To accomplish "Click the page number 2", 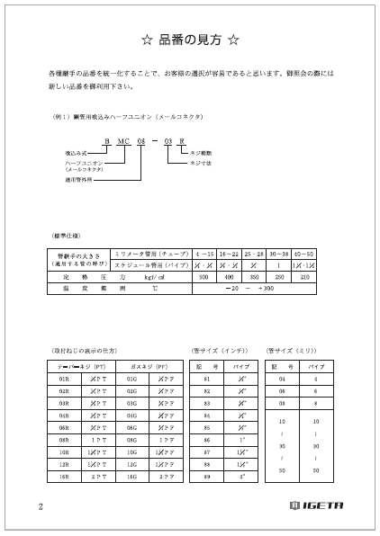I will (x=41, y=505).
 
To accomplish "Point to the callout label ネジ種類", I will (x=201, y=153).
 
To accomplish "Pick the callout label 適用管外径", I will (x=80, y=179).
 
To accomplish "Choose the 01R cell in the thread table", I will (x=64, y=380).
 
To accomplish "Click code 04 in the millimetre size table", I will (x=281, y=380).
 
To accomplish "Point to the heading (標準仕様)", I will (x=68, y=234).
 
